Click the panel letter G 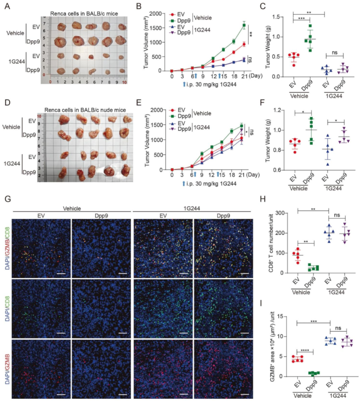point(8,199)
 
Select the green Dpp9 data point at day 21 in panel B point(244,25)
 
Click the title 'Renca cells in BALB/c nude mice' point(85,110)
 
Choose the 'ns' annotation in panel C point(334,53)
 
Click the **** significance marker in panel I point(305,350)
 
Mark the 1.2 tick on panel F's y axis point(277,110)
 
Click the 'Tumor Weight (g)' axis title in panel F point(268,140)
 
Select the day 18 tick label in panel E point(231,175)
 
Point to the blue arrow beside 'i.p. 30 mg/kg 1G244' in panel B point(184,84)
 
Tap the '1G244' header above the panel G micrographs point(192,208)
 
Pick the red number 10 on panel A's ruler point(125,82)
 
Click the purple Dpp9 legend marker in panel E point(172,129)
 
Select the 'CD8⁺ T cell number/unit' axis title point(271,243)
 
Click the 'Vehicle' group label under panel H point(301,292)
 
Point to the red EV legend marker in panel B point(173,15)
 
